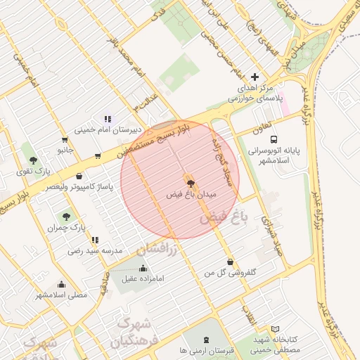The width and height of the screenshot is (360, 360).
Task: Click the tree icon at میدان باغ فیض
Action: pyautogui.click(x=188, y=179)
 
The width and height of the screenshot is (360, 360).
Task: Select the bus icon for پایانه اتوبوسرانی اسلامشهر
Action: pyautogui.click(x=274, y=139)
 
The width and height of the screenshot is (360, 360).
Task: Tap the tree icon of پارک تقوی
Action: pyautogui.click(x=33, y=160)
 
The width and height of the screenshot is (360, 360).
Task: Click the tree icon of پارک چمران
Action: pyautogui.click(x=66, y=217)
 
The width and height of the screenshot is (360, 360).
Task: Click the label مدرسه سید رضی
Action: pyautogui.click(x=95, y=250)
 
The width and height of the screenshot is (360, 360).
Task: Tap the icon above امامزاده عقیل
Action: pyautogui.click(x=143, y=267)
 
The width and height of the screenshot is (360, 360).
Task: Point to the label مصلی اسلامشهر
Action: pyautogui.click(x=62, y=295)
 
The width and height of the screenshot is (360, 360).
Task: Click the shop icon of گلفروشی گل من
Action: pyautogui.click(x=230, y=262)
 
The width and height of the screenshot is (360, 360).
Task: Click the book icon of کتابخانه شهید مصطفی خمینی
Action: pyautogui.click(x=275, y=328)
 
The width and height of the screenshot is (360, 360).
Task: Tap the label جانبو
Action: pyautogui.click(x=65, y=150)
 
